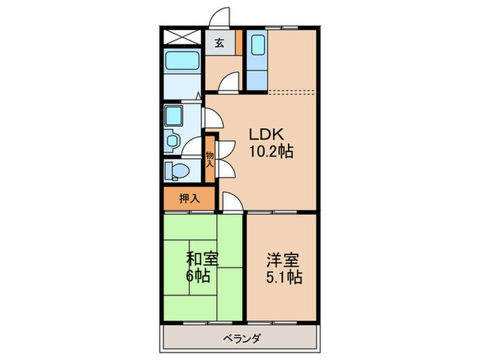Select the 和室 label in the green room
202,259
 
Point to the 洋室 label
283,260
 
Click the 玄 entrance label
219,43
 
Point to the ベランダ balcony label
239,338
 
